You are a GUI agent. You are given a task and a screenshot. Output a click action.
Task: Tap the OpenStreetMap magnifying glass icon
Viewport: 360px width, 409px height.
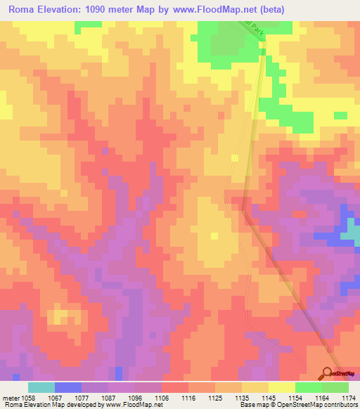pyautogui.click(x=328, y=373)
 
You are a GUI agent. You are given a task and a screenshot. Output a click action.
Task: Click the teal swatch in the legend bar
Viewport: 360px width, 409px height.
pyautogui.click(x=41, y=387)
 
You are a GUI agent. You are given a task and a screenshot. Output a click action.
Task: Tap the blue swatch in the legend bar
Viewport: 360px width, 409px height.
pyautogui.click(x=67, y=387)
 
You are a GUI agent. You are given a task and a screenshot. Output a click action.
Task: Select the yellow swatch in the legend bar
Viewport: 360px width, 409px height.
pyautogui.click(x=281, y=387)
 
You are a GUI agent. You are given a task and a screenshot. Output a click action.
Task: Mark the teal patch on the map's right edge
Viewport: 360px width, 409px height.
pyautogui.click(x=356, y=232)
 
